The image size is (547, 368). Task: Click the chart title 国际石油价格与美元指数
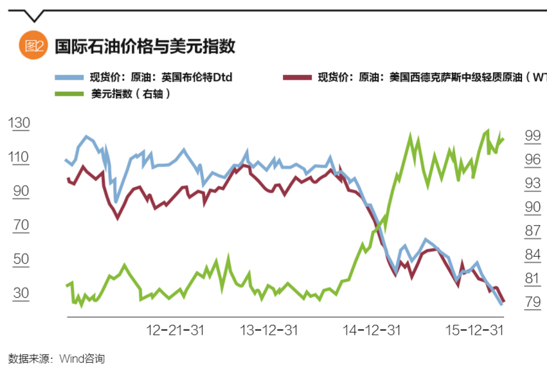[144, 46]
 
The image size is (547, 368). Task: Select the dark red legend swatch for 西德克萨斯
[298, 78]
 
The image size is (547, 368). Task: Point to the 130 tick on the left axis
[19, 123]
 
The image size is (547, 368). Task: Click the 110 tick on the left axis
[19, 157]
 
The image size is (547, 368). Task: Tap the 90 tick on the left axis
[21, 191]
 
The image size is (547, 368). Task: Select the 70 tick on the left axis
[21, 225]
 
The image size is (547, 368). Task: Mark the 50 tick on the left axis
[21, 259]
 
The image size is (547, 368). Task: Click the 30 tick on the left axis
[21, 294]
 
